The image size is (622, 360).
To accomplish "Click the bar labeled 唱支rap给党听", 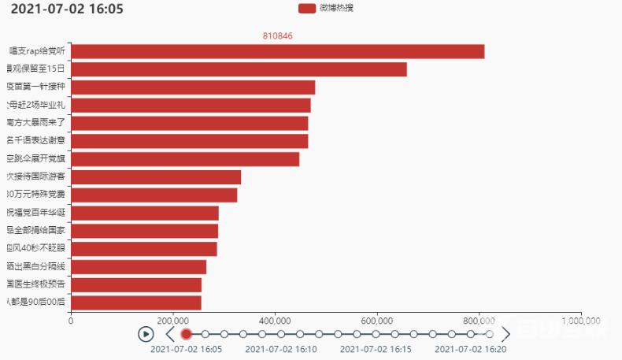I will [x=277, y=51].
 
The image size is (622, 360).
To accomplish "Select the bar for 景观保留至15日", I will [x=239, y=69].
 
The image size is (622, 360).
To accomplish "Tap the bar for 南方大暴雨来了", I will [x=189, y=123].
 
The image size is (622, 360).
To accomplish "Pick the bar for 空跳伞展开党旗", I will [x=185, y=159].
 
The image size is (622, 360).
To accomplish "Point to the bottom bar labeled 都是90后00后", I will [x=136, y=302].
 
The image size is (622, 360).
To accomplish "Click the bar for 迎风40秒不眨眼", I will [x=144, y=249].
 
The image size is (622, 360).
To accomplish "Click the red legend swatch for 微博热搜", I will [x=307, y=8].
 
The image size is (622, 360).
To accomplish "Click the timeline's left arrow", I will [x=170, y=334].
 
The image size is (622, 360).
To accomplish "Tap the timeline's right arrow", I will [x=506, y=334].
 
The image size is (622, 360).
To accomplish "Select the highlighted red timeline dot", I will [x=187, y=334].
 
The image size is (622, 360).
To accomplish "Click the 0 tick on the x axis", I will [x=71, y=321].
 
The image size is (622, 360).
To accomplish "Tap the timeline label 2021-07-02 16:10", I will [x=281, y=349].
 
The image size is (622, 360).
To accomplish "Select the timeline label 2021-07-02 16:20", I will [x=471, y=349].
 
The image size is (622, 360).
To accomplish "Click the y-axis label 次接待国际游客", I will [x=35, y=177].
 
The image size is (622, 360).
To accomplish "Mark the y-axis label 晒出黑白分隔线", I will [x=35, y=267].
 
